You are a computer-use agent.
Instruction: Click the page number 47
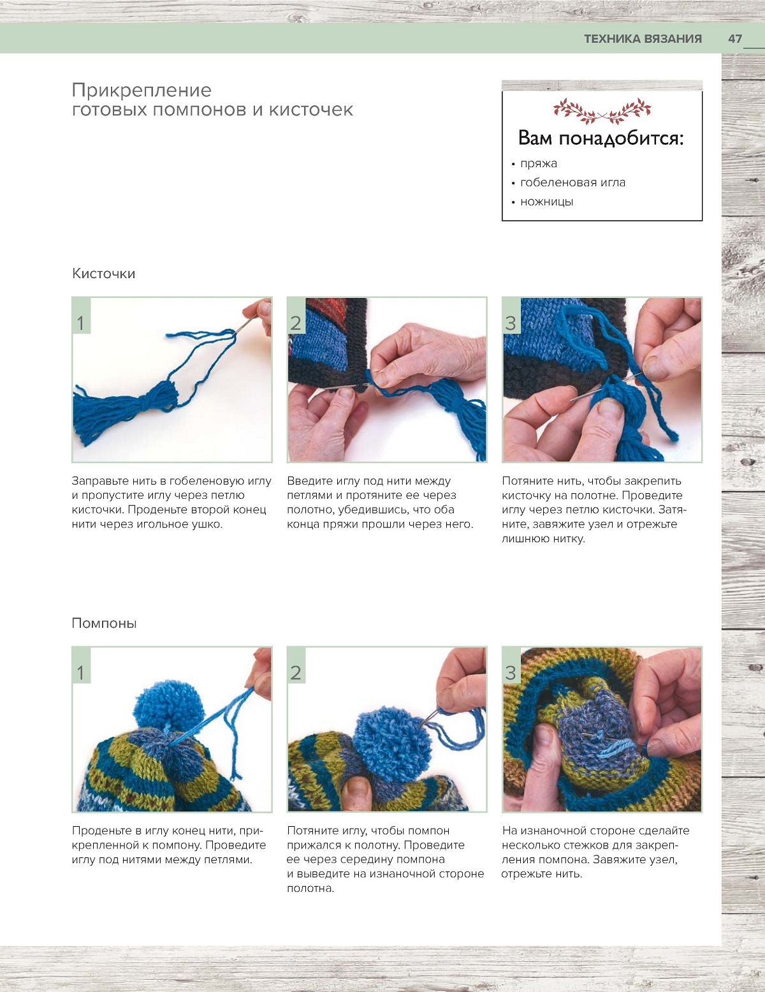(735, 39)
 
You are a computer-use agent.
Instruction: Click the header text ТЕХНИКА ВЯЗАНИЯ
(643, 39)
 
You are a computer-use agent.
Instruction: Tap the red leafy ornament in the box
(602, 111)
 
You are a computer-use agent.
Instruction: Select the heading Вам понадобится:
(601, 138)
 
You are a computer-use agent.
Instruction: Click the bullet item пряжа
(538, 164)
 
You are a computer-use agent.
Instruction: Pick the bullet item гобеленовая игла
(572, 182)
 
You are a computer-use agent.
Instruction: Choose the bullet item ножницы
(546, 202)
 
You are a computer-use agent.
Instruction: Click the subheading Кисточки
(103, 274)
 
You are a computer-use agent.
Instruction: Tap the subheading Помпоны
(104, 623)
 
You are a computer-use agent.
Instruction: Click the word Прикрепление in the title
(142, 91)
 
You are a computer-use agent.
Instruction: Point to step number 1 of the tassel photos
(81, 323)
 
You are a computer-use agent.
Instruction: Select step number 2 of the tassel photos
(296, 323)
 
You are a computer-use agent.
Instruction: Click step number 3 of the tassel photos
(511, 323)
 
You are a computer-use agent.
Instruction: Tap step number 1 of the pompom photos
(81, 673)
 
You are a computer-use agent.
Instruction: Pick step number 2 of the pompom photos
(296, 673)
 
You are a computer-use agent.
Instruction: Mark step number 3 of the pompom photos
(511, 673)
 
